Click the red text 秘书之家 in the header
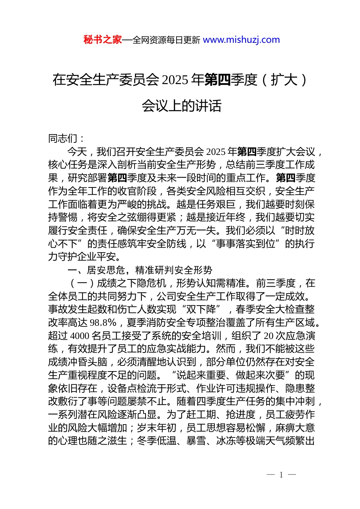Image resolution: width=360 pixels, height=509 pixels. click(102, 40)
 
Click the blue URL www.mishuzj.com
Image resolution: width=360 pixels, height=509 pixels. click(241, 40)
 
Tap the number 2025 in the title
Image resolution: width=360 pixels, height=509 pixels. click(175, 80)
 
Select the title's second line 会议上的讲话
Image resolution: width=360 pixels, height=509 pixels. click(182, 106)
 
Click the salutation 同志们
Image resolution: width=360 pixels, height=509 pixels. click(63, 139)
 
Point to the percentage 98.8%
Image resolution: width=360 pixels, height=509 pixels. click(103, 323)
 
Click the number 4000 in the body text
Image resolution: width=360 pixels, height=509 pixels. click(80, 336)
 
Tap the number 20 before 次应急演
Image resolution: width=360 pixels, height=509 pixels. click(268, 336)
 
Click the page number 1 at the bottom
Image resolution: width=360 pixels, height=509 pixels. click(281, 475)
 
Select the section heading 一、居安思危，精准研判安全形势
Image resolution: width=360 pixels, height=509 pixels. click(140, 270)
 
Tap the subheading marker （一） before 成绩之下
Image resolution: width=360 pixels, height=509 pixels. click(82, 283)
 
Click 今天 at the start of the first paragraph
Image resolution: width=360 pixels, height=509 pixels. click(77, 152)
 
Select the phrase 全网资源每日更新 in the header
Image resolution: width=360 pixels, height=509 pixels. click(166, 40)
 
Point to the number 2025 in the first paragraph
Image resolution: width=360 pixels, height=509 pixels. click(216, 152)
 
